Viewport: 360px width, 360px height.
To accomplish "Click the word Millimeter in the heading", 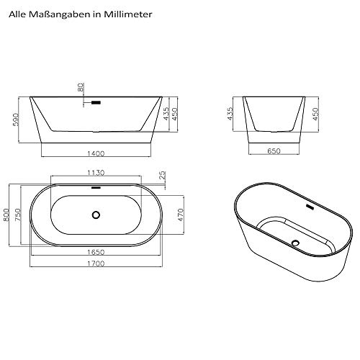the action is [x=128, y=14].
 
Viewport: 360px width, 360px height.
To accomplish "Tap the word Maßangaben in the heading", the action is [x=61, y=14].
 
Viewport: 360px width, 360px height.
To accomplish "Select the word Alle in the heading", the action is [x=18, y=14].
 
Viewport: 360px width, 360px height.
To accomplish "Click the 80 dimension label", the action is [x=81, y=87].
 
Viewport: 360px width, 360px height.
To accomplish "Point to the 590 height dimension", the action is [x=15, y=120].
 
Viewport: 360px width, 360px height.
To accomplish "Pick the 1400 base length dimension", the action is [x=96, y=153].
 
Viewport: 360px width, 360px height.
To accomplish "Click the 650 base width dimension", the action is [x=274, y=151].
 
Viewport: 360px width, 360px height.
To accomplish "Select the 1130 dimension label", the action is [x=96, y=173].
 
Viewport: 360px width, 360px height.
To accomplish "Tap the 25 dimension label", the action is [x=163, y=175].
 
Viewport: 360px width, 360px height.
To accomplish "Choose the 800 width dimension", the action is [x=6, y=215].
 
